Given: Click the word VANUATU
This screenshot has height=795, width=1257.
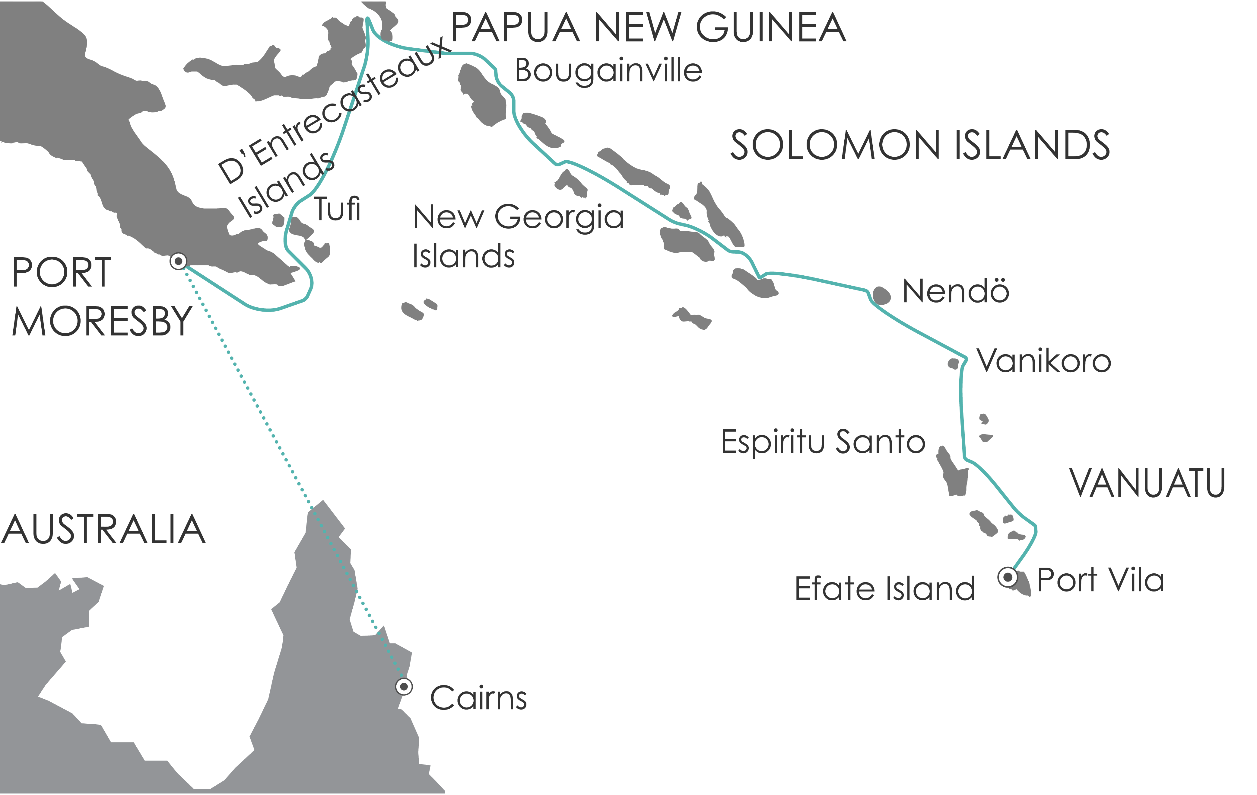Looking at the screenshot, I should pyautogui.click(x=1147, y=483).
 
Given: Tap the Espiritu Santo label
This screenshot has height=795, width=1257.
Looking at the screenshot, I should pyautogui.click(x=823, y=442).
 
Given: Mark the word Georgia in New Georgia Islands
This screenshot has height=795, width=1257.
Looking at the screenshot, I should pyautogui.click(x=559, y=217).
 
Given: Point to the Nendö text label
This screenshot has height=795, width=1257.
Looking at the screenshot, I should pyautogui.click(x=956, y=291).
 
